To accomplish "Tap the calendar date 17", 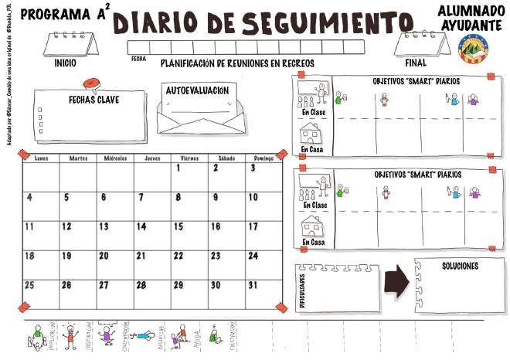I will [253, 227].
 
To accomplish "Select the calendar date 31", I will [253, 285].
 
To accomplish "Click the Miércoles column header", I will [116, 158].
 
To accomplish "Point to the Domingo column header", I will [263, 158].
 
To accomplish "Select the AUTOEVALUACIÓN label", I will [197, 90].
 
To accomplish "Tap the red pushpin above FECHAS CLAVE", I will [90, 82].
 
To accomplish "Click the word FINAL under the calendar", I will [416, 63].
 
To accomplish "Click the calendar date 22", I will [178, 256].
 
